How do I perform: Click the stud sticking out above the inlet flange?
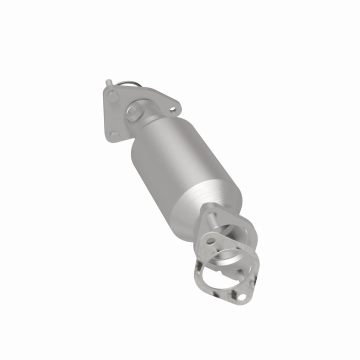[x=108, y=82]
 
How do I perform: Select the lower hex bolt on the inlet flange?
[x=114, y=135]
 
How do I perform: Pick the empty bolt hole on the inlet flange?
[x=172, y=107]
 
